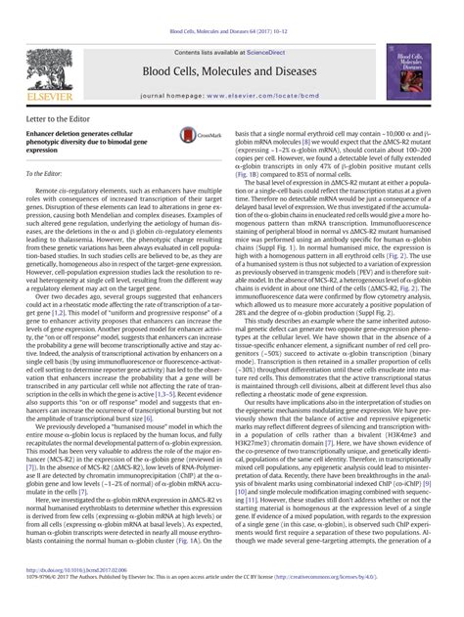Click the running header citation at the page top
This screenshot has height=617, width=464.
[x=232, y=7]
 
